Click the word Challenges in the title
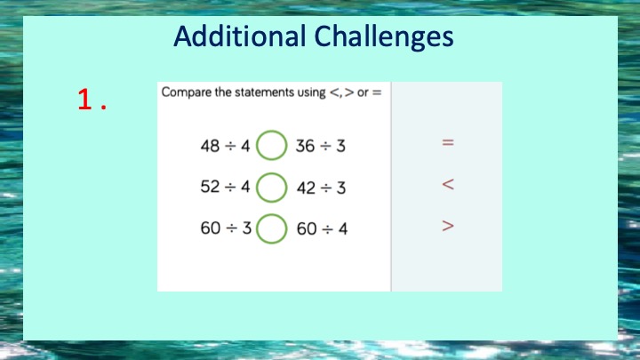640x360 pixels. click(x=384, y=37)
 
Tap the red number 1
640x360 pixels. click(x=85, y=100)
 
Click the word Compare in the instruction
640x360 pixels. click(x=187, y=92)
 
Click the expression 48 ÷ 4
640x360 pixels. click(x=225, y=146)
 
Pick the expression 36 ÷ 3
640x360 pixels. click(x=320, y=146)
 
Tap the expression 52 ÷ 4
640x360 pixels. click(x=225, y=187)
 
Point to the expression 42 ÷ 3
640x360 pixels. click(x=321, y=188)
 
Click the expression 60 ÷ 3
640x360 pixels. click(x=226, y=228)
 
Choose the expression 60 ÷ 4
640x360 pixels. click(x=322, y=229)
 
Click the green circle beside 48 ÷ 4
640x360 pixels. click(x=271, y=131)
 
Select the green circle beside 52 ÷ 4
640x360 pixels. click(x=271, y=173)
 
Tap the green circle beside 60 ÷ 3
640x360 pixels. click(x=271, y=214)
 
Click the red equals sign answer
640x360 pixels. click(x=448, y=142)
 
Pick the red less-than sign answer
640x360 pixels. click(x=448, y=185)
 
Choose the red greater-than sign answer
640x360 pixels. click(x=448, y=226)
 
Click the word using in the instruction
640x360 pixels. click(x=311, y=93)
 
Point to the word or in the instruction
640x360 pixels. click(x=363, y=93)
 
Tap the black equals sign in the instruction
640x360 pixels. click(x=377, y=93)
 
